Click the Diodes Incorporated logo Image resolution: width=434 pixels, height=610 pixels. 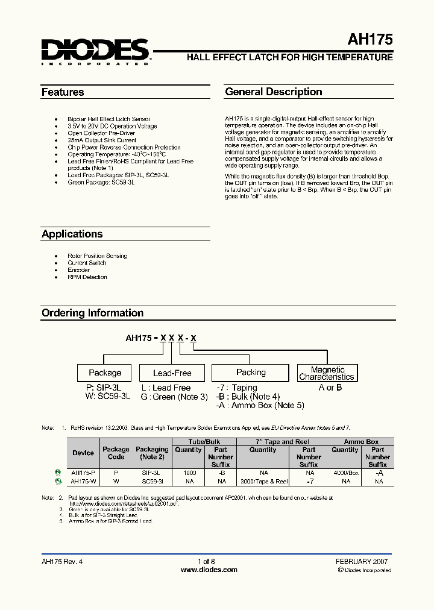coord(95,52)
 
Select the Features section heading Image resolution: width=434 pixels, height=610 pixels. coord(63,92)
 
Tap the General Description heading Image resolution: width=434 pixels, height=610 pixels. coord(274,92)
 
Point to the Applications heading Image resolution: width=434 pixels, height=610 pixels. coord(72,234)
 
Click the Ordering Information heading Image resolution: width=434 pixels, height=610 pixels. coord(92,313)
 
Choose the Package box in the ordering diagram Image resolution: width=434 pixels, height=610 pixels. coord(105,373)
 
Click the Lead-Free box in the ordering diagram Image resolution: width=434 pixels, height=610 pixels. coord(172,373)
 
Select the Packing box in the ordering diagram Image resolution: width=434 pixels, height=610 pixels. coord(251,373)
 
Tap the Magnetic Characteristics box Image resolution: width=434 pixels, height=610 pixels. coord(327,373)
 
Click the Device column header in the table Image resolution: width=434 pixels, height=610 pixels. coord(83,453)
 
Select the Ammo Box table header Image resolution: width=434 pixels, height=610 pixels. coord(362,442)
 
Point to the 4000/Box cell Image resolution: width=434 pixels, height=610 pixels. coord(345,473)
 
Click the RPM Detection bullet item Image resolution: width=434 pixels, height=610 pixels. coord(87,277)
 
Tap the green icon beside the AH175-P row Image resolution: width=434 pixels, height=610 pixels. coord(58,473)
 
